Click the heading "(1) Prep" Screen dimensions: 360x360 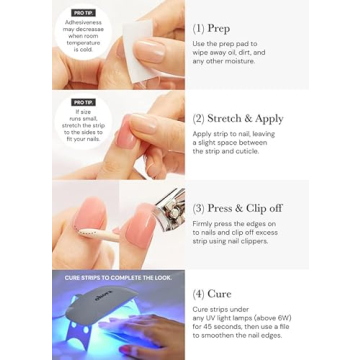pyautogui.click(x=217, y=29)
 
